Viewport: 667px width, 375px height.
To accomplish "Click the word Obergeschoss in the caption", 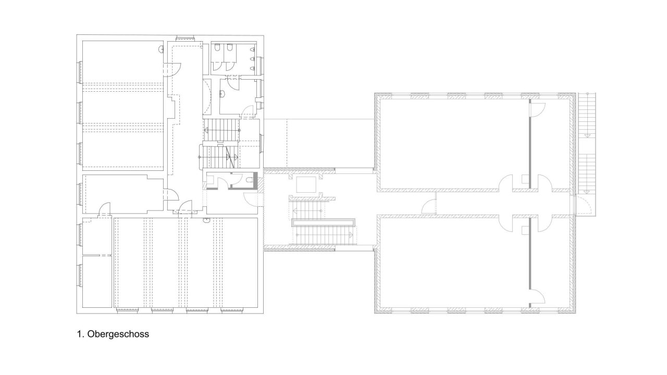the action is (x=118, y=334).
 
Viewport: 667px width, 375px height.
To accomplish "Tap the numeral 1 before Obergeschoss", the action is (x=80, y=334).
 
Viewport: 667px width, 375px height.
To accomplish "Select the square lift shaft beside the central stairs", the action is (x=306, y=184).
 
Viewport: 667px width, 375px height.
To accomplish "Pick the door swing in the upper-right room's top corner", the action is (x=537, y=109).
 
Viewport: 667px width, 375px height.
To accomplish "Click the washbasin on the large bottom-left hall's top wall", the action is (x=206, y=220).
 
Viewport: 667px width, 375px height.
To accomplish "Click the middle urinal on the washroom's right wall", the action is (x=253, y=59).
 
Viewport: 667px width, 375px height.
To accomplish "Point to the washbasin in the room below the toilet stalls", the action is (x=221, y=95).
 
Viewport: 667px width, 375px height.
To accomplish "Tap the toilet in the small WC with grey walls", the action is (x=250, y=180).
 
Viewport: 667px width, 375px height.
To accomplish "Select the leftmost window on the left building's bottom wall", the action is (x=127, y=310).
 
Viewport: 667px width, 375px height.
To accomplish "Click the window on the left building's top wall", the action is (x=185, y=38).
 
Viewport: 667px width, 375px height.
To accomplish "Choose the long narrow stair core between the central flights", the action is (x=324, y=222).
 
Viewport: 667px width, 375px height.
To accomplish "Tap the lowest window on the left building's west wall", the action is (x=80, y=276).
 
